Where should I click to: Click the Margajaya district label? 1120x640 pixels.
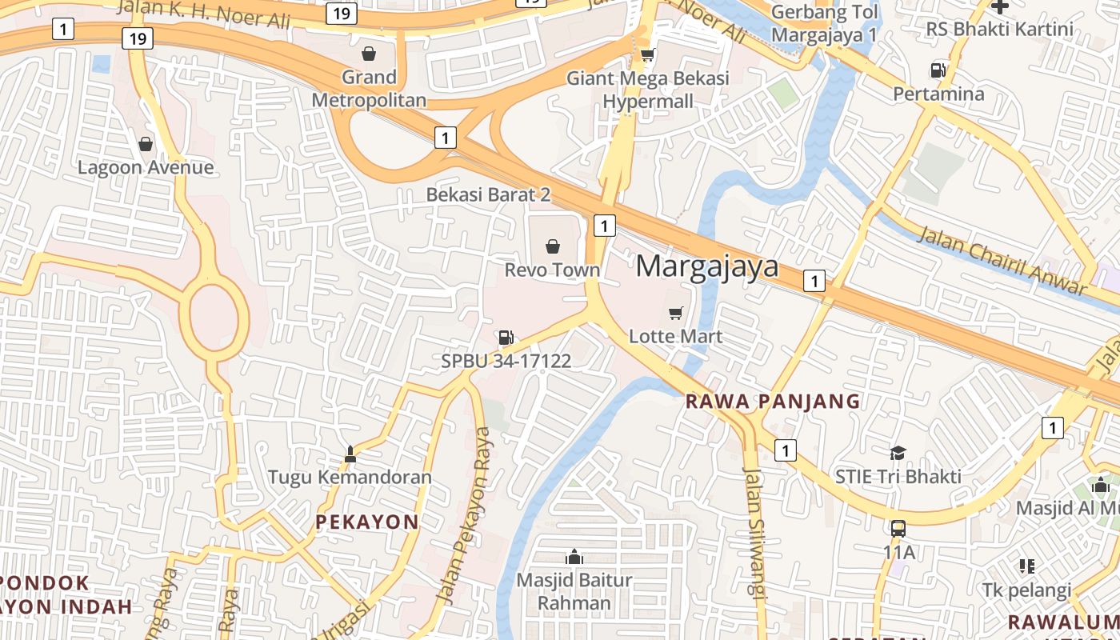[x=707, y=266]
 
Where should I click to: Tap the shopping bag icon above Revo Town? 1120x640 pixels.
[x=552, y=246]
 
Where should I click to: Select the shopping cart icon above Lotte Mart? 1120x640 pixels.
[x=676, y=312]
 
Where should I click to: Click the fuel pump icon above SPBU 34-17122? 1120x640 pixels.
[x=506, y=338]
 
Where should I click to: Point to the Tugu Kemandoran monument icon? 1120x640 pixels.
[x=350, y=455]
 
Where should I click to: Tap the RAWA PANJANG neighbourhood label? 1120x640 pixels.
[x=773, y=402]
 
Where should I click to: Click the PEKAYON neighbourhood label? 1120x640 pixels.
[x=367, y=522]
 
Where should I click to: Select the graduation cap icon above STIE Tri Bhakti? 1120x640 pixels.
[x=898, y=453]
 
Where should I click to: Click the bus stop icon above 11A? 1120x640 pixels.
[x=898, y=528]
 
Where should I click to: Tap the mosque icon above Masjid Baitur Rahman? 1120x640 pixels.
[x=574, y=557]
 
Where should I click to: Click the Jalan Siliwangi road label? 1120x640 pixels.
[x=755, y=532]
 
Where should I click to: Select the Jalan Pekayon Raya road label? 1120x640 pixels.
[x=464, y=516]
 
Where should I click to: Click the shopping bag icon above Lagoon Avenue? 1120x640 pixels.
[x=146, y=144]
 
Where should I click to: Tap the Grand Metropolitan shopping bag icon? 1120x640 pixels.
[x=369, y=54]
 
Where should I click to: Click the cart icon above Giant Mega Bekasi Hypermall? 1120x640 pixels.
[x=648, y=54]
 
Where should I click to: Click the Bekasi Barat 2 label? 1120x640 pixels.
[x=488, y=194]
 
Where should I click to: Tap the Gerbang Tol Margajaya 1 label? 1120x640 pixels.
[x=825, y=24]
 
